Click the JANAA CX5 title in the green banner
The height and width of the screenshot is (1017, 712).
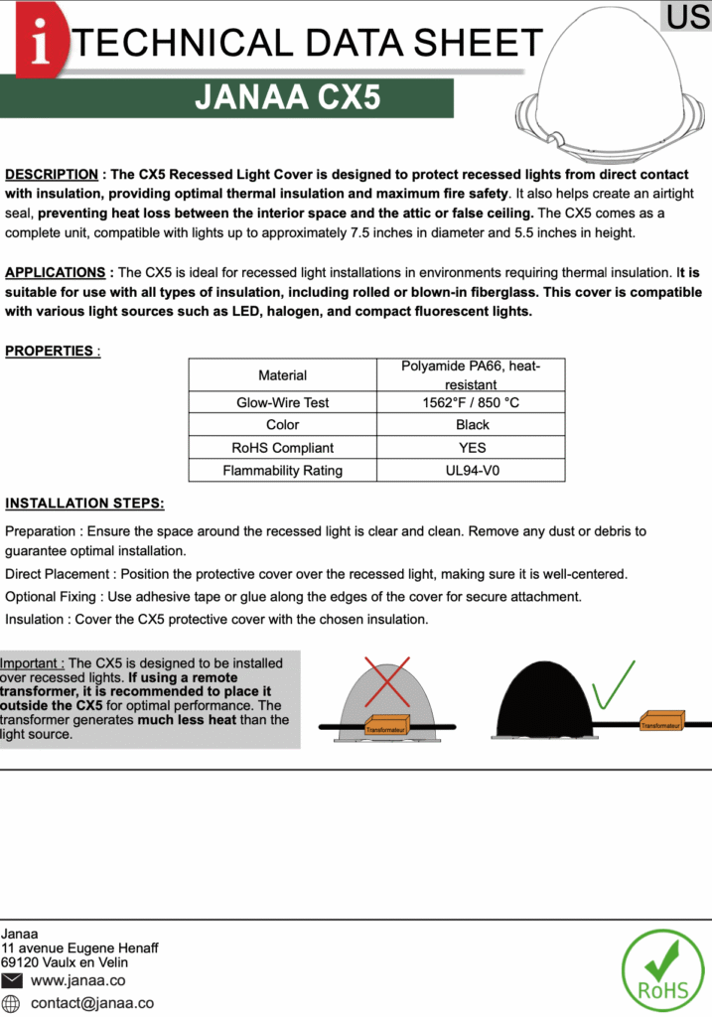pos(288,98)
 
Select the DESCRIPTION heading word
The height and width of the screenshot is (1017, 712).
pos(52,175)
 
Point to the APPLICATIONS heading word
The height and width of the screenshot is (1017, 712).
pos(56,272)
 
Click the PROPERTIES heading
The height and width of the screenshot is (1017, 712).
pos(51,351)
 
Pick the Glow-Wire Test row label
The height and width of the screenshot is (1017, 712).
pos(282,402)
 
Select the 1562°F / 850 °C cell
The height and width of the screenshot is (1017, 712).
pos(471,402)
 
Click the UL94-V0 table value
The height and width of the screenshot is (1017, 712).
pos(471,470)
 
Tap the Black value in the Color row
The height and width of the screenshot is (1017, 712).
pos(471,425)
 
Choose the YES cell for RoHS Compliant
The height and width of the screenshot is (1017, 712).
pos(471,448)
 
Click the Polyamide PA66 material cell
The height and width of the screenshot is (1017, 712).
pos(471,374)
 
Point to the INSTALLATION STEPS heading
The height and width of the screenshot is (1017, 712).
pos(85,504)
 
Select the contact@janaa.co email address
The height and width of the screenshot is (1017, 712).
pos(92,1003)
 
